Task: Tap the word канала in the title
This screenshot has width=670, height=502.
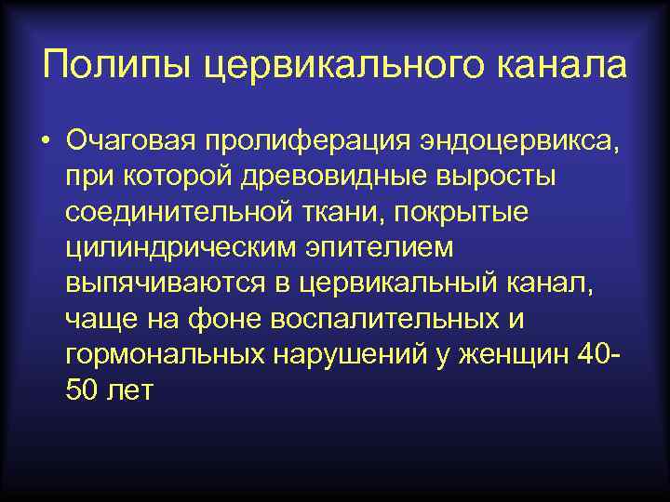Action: pos(558,66)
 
